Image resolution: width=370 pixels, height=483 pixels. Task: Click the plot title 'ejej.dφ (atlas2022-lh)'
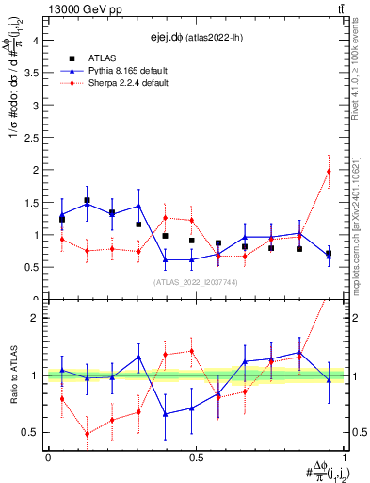tap(193, 38)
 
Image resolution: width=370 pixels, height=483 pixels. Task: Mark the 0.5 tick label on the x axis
tap(196, 458)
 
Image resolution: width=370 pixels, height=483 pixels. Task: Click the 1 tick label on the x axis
tap(345, 458)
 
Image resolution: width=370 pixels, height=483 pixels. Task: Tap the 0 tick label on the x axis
tap(47, 458)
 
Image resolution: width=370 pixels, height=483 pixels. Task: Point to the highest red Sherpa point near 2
tap(329, 171)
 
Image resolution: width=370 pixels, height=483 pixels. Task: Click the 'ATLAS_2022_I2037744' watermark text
tap(196, 282)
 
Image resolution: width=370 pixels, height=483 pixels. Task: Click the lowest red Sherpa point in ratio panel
tap(88, 434)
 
